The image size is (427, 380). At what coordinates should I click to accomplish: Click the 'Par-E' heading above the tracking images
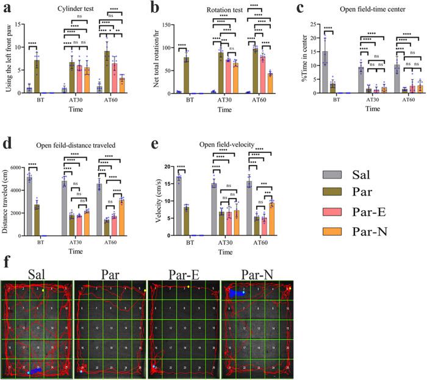pos(182,271)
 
